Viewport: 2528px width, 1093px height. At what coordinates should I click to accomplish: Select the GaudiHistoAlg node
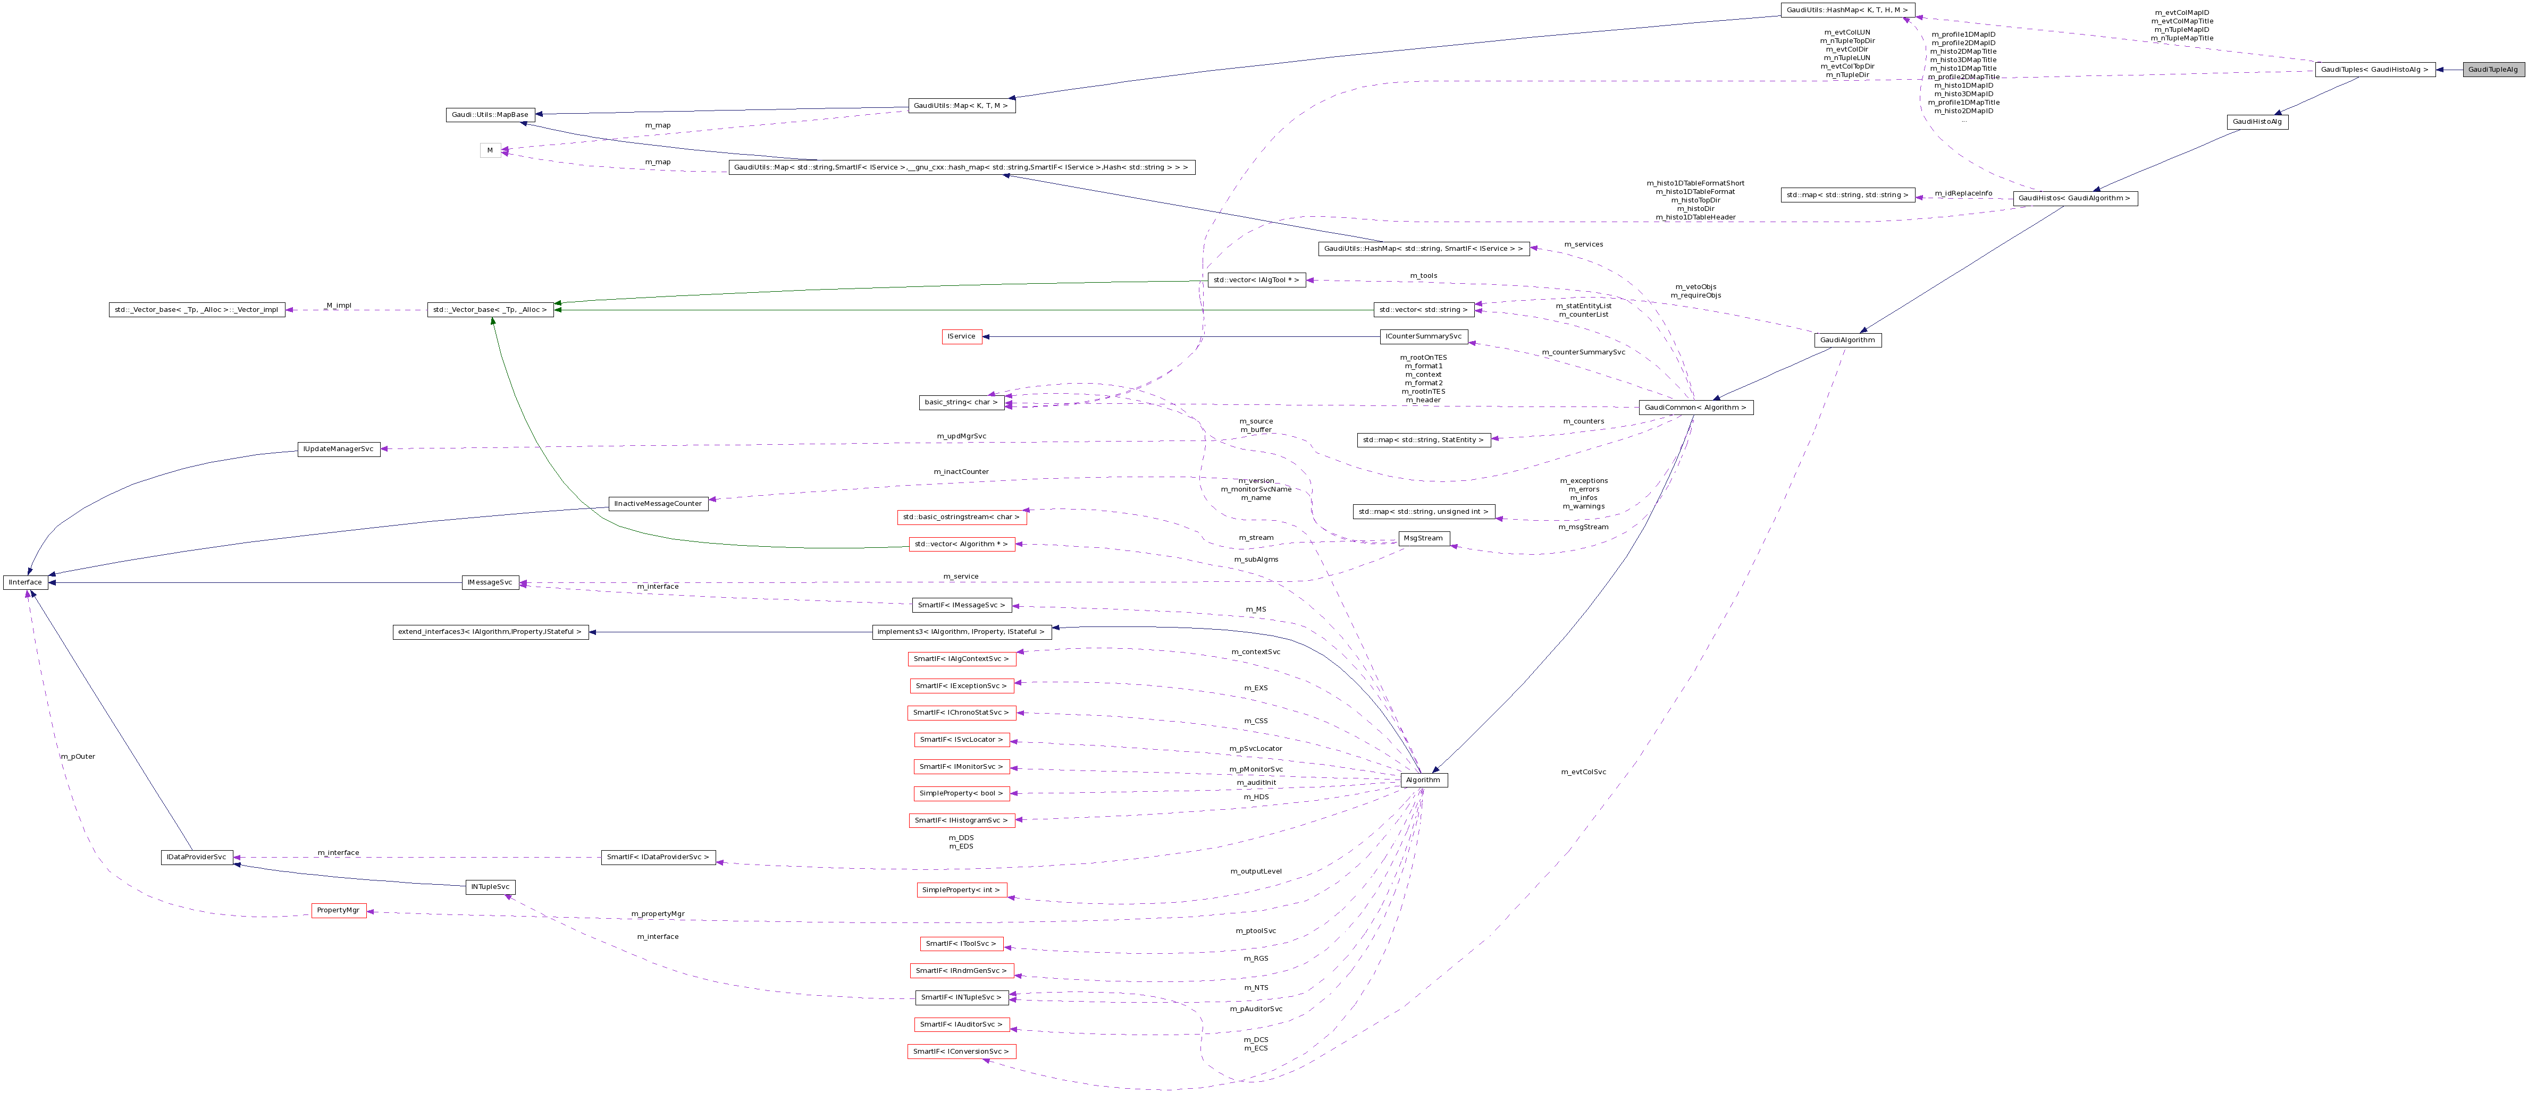click(x=2257, y=122)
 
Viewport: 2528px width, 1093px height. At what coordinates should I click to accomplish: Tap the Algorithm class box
click(x=1423, y=780)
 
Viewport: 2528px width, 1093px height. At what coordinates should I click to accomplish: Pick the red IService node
click(x=961, y=336)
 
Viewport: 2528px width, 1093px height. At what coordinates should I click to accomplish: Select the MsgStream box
click(x=1423, y=539)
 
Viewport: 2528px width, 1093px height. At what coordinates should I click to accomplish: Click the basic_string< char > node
click(x=961, y=402)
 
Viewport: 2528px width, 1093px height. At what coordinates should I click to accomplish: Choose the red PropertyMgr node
click(x=339, y=911)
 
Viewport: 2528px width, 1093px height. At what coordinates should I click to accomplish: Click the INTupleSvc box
click(x=490, y=887)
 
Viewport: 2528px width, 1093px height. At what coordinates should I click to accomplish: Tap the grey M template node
click(x=490, y=150)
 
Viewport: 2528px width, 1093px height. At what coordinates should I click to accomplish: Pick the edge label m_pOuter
click(x=78, y=757)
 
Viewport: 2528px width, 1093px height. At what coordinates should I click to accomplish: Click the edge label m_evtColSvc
click(x=1583, y=772)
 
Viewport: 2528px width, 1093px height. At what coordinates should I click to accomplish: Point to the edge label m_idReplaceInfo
click(x=1963, y=193)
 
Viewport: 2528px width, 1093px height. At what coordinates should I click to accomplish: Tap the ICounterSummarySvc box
click(x=1423, y=336)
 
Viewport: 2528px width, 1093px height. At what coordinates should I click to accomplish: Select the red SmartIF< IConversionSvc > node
click(x=961, y=1052)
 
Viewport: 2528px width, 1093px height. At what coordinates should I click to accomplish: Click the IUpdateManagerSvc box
click(x=339, y=450)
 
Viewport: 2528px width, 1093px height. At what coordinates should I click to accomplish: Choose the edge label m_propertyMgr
click(x=658, y=913)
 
